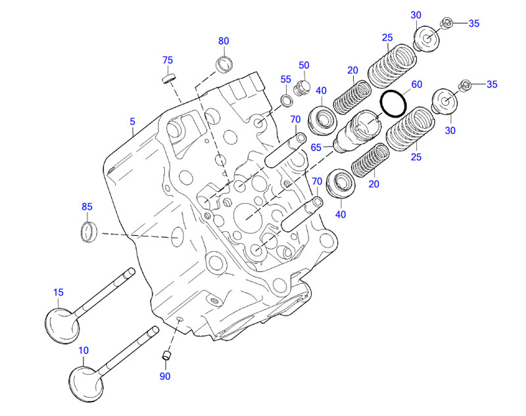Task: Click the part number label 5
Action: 132,122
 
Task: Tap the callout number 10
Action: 84,351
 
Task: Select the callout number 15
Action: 58,292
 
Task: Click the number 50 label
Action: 304,65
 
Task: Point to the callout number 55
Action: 285,79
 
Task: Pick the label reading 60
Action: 417,84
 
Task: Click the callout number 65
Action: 316,148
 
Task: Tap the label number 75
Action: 168,60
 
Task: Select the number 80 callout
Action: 224,41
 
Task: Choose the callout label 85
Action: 87,206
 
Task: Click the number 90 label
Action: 164,376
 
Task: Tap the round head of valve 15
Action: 62,323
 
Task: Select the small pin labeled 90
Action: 166,356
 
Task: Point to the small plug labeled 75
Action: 169,79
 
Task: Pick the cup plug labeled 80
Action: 225,64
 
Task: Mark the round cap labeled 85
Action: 89,231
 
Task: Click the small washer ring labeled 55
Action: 287,100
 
